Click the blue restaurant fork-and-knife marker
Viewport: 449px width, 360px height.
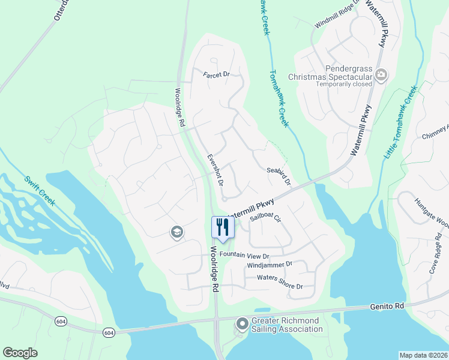[x=222, y=227]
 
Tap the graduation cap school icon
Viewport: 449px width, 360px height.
[x=176, y=232]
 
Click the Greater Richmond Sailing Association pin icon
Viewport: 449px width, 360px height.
[x=242, y=325]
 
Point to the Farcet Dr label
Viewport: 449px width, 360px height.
[x=217, y=75]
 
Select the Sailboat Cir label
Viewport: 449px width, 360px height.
[x=266, y=217]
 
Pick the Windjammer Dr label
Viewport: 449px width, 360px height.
[x=269, y=265]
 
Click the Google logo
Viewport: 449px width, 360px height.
[x=20, y=353]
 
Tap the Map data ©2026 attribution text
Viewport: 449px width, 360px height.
[x=423, y=355]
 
